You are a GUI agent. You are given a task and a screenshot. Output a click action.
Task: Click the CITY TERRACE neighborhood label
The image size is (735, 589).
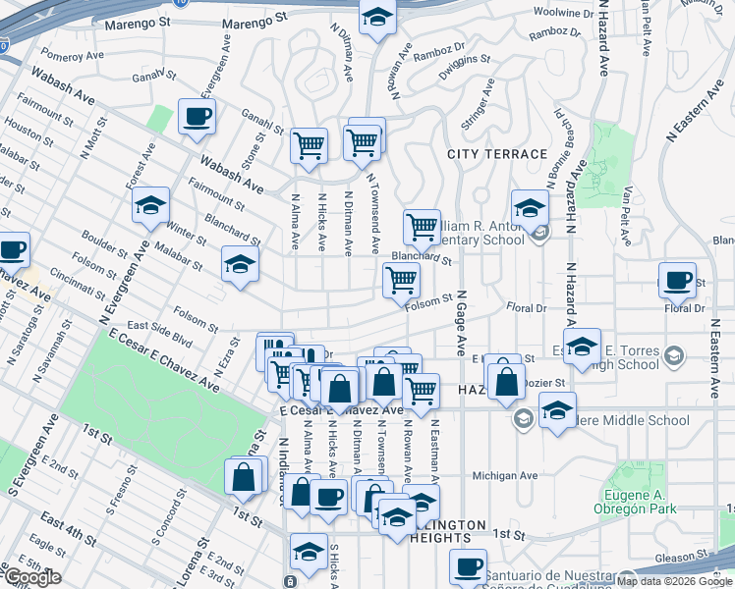point(496,154)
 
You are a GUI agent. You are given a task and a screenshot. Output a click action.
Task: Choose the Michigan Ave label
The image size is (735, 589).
point(505,476)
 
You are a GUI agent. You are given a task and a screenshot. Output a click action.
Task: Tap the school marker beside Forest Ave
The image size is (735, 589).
point(150,206)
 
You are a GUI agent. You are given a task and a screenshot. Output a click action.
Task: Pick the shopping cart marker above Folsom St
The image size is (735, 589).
point(401,281)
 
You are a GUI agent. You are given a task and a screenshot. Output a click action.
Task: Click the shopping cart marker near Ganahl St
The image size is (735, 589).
point(310,146)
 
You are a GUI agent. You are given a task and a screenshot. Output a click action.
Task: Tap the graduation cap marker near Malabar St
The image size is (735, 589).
point(239,265)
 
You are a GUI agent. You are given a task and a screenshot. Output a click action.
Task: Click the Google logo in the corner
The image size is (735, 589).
point(31,578)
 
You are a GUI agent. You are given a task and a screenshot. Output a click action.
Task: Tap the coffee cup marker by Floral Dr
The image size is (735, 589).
point(677,281)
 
